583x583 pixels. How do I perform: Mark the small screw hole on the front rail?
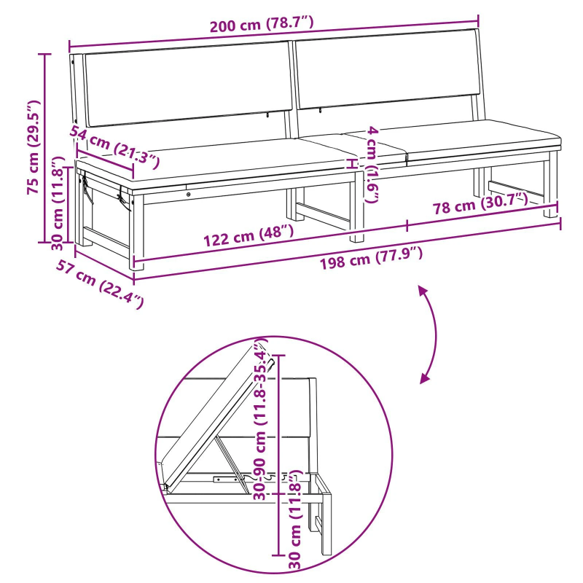point(189,194)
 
